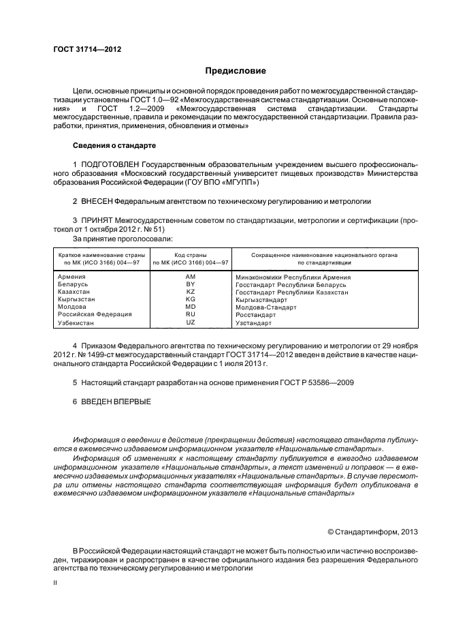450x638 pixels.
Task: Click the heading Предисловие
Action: pos(236,71)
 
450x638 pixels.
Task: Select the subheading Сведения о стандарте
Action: pos(114,146)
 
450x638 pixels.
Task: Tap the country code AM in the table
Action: pos(191,277)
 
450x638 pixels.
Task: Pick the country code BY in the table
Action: pos(191,284)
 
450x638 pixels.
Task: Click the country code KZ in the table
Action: pos(191,292)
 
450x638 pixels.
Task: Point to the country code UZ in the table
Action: pos(191,322)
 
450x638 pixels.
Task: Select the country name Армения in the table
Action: pos(72,277)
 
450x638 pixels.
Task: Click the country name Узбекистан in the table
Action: pos(76,322)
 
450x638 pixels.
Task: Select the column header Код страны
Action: pos(191,254)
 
